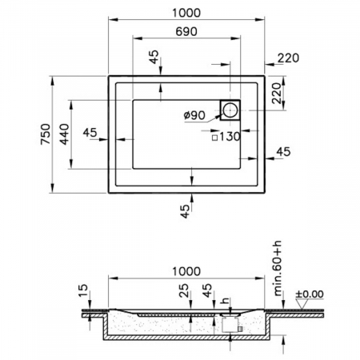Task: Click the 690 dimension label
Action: tap(186, 31)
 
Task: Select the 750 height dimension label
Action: tap(46, 134)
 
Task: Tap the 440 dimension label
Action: tap(64, 134)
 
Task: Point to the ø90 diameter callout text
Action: tap(194, 115)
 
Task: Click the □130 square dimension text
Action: tap(226, 137)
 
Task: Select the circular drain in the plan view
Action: tap(230, 110)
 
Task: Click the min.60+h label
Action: tap(278, 268)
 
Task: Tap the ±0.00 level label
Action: tap(310, 294)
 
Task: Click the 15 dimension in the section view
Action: tap(83, 290)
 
